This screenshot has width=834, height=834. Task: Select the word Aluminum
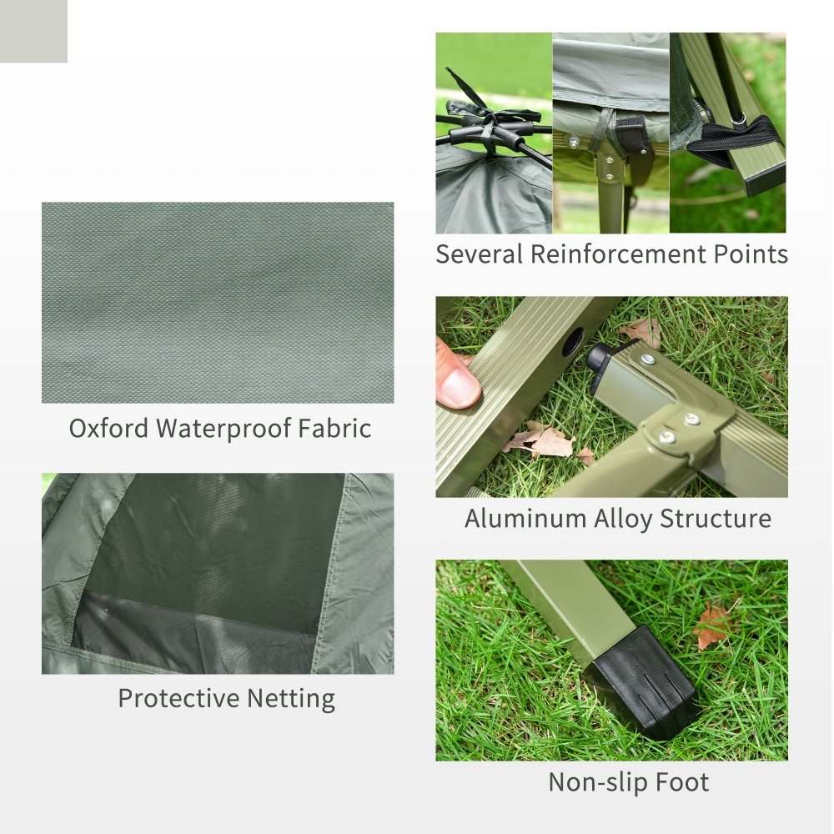pos(525,519)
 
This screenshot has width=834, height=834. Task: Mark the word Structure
pos(716,519)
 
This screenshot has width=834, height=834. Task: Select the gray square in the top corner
pos(33,31)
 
